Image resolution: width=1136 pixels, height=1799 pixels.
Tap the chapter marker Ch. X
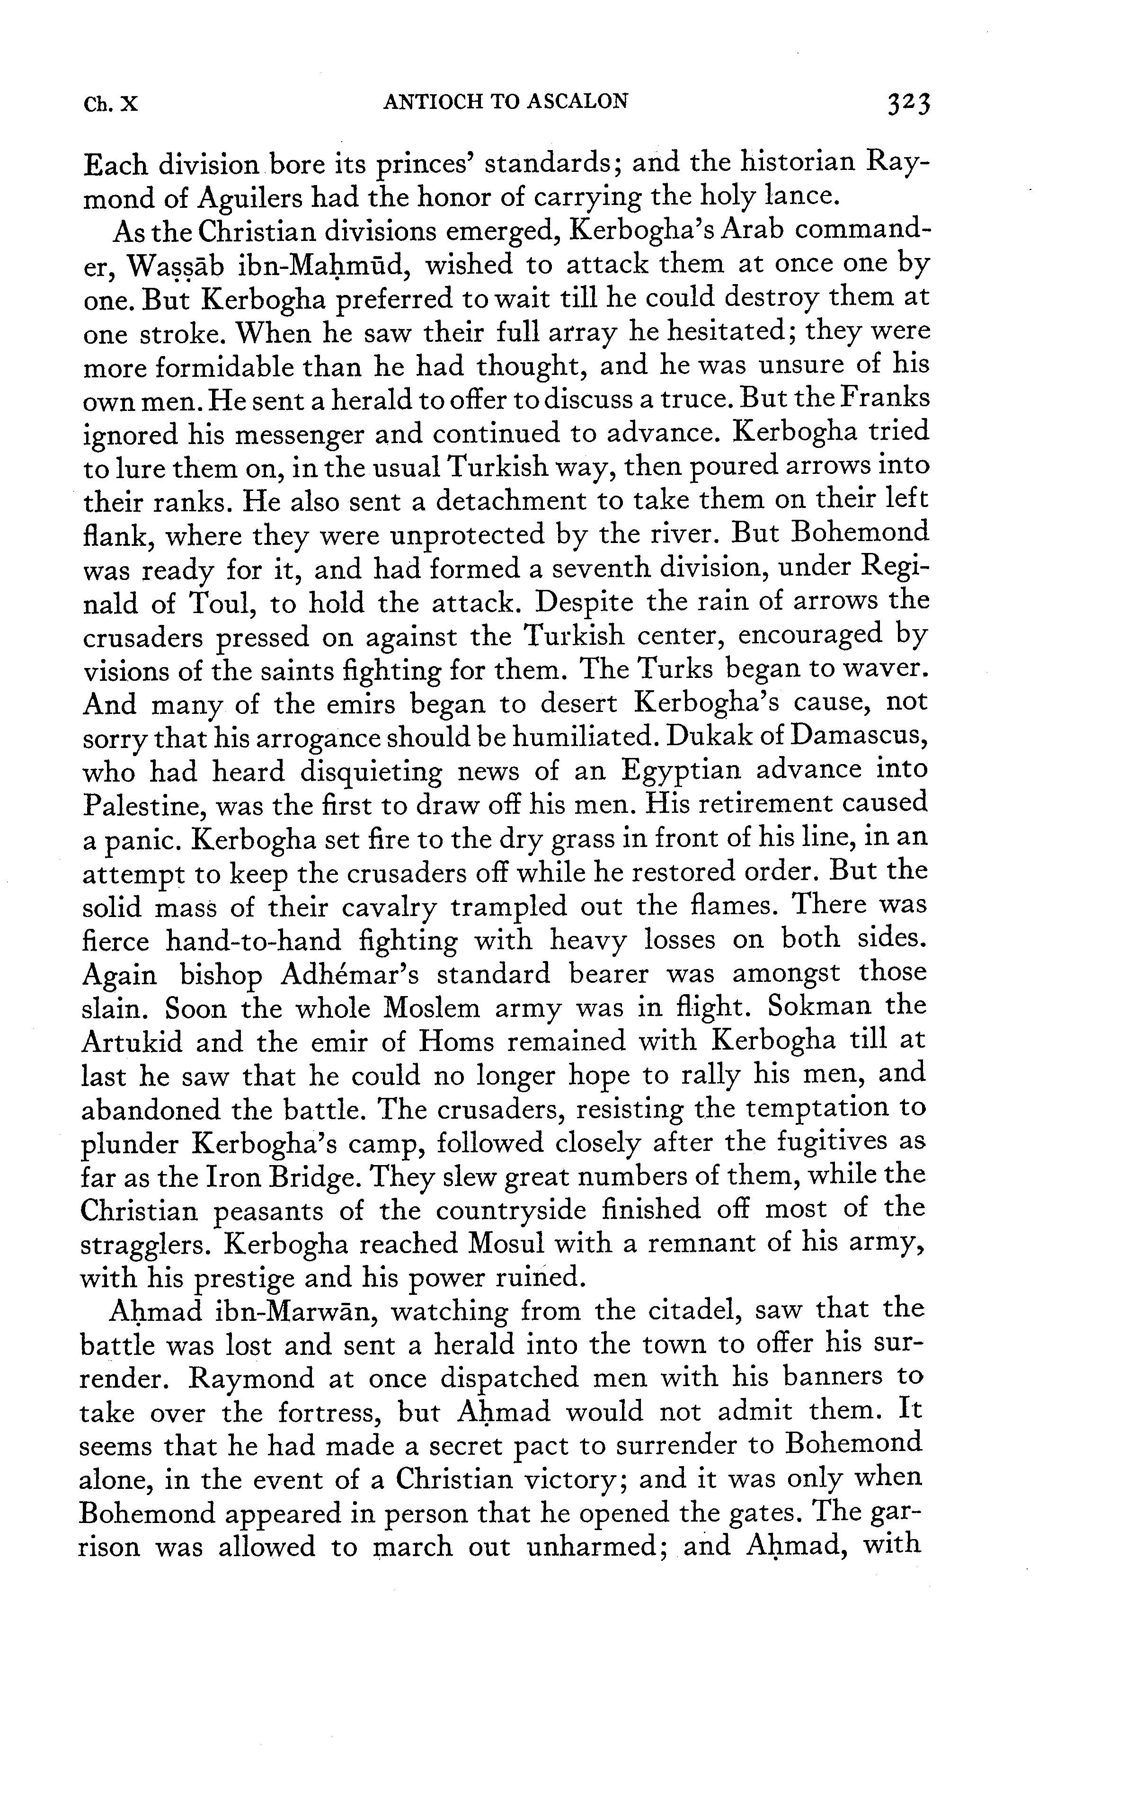click(111, 102)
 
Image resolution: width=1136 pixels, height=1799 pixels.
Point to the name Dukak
click(713, 738)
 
